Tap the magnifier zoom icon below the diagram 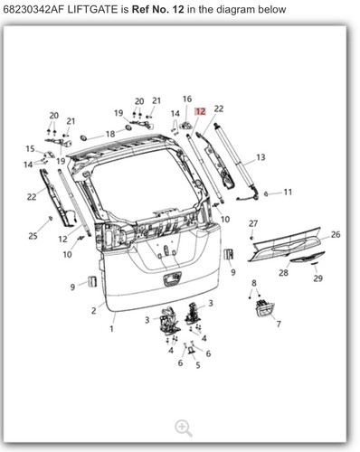click(184, 428)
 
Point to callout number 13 click(261, 157)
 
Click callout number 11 click(288, 192)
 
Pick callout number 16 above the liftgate click(186, 99)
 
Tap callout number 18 click(110, 133)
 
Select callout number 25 click(33, 236)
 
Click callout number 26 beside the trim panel click(336, 234)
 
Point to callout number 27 click(253, 223)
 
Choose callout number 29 click(317, 278)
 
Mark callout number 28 click(283, 272)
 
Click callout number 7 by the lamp click(278, 324)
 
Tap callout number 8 click(253, 284)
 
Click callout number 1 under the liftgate click(112, 328)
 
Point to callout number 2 click(92, 310)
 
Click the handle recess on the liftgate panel click(171, 278)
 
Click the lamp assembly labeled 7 click(263, 309)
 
